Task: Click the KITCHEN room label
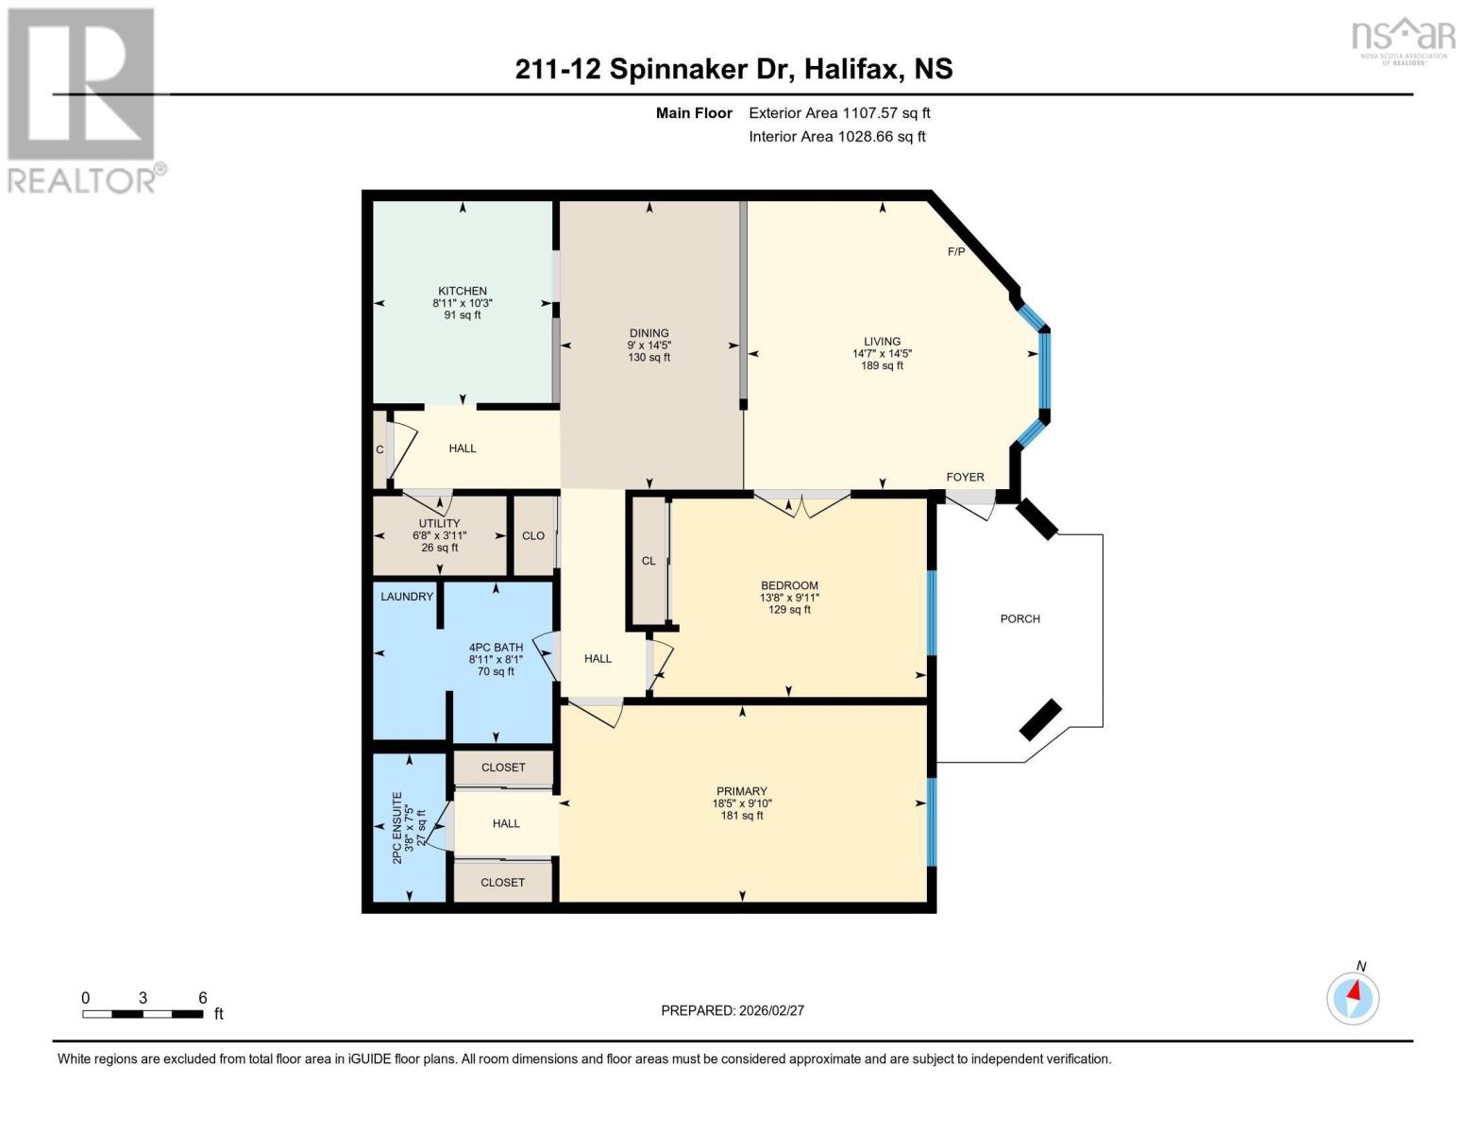(x=462, y=291)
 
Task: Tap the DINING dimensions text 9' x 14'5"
(x=649, y=346)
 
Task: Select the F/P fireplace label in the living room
(x=956, y=252)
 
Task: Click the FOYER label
(x=965, y=478)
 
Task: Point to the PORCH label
(x=1019, y=619)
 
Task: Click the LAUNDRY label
(x=407, y=597)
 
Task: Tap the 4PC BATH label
(x=496, y=648)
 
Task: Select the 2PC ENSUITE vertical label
(x=397, y=822)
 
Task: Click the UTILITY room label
(x=439, y=523)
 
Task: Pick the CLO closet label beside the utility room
(x=533, y=535)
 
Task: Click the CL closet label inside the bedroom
(x=649, y=561)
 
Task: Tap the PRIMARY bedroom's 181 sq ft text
(x=742, y=816)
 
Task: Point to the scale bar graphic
(x=143, y=1014)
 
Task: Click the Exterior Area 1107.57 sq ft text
(x=839, y=112)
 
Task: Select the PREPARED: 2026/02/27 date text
(x=733, y=1010)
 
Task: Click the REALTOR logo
(x=83, y=99)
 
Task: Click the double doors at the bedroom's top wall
(x=801, y=506)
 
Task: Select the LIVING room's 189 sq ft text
(x=882, y=365)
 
